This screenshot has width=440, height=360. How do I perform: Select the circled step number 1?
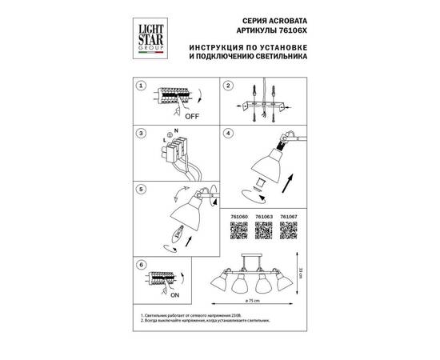[141, 84]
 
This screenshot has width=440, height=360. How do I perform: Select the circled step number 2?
[226, 84]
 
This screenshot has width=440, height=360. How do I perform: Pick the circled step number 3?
[141, 134]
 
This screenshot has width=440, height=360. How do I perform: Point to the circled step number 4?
[226, 134]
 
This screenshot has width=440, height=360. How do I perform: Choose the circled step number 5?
[141, 189]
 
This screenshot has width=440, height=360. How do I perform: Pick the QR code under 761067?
[289, 231]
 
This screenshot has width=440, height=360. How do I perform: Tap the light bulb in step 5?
[178, 234]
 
